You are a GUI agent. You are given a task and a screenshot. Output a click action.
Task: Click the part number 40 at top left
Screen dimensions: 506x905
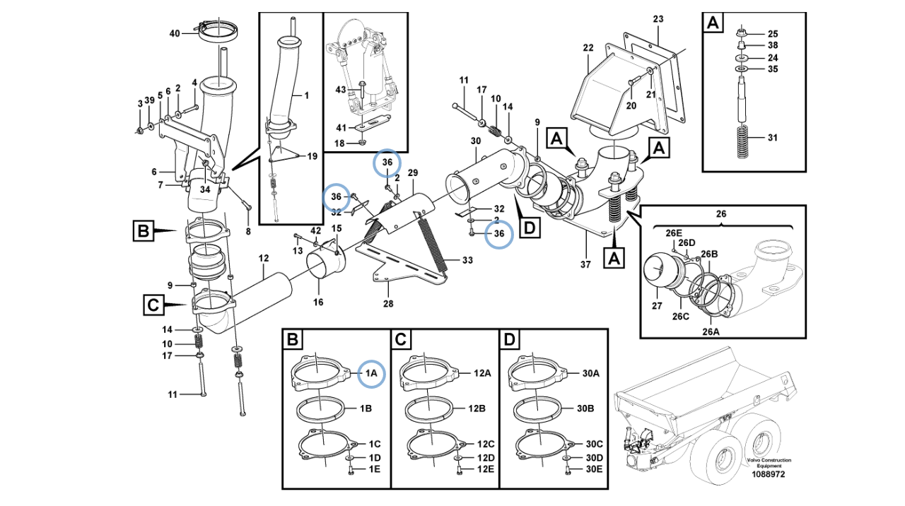tap(175, 33)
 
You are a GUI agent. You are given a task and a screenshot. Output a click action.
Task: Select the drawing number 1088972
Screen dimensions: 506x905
tap(768, 476)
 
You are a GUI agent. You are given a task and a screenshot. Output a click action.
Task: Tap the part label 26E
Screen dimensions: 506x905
tap(674, 233)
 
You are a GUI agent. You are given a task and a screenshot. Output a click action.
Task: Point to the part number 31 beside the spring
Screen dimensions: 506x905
tap(772, 137)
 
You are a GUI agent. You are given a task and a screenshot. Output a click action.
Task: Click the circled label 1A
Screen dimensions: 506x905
tap(371, 372)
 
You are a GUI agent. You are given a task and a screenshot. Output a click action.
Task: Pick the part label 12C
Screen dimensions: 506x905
tap(485, 444)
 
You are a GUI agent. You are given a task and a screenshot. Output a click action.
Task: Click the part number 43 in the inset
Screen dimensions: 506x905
tap(341, 90)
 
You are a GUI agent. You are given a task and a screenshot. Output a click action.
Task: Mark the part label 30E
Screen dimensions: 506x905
tap(594, 469)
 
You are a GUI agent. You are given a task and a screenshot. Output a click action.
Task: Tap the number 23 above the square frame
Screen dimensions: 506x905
tap(658, 19)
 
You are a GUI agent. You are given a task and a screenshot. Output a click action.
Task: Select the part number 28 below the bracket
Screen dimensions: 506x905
tap(387, 304)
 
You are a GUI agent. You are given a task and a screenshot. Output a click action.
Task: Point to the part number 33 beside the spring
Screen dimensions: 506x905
tap(467, 260)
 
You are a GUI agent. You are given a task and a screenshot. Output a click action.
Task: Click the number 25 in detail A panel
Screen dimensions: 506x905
tap(772, 33)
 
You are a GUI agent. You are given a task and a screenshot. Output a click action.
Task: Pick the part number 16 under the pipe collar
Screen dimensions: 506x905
tap(318, 302)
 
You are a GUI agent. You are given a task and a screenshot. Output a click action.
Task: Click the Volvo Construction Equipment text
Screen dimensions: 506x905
tap(769, 463)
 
